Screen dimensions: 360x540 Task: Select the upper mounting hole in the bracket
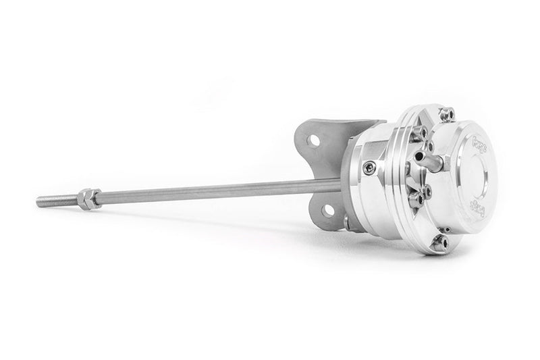(314, 140)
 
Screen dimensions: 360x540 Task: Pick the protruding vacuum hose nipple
(428, 160)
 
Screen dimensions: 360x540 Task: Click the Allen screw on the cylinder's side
(368, 168)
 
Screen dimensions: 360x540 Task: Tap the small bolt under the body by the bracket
(347, 221)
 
